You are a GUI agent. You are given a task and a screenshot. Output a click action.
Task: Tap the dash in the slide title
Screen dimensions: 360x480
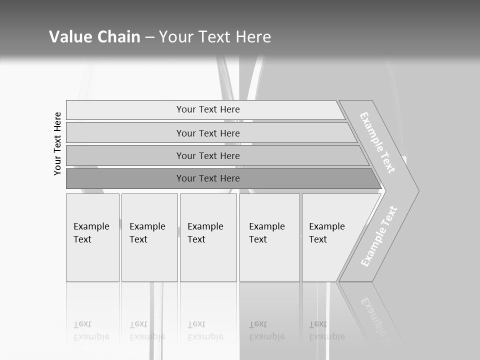149,37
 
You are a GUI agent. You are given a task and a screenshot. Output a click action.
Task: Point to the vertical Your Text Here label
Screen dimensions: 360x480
57,143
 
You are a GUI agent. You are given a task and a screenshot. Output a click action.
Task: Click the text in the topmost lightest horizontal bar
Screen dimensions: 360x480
208,109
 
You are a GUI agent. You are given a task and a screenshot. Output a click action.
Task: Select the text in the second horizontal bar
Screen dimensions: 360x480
208,133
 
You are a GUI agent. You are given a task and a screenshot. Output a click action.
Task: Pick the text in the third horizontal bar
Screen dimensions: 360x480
208,156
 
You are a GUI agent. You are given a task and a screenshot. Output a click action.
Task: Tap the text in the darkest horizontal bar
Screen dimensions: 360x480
208,178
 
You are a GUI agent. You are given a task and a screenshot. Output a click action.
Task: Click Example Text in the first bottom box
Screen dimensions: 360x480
91,233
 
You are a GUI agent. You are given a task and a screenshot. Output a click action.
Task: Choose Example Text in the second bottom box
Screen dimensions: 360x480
147,233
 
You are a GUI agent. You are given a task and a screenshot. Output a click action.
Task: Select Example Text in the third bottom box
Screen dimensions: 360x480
205,233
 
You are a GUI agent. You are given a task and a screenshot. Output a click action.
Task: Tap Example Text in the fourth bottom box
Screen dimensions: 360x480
266,233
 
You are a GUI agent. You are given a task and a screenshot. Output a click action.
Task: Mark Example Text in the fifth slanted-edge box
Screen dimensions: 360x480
326,233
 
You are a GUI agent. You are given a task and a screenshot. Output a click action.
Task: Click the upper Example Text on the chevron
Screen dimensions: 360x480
378,142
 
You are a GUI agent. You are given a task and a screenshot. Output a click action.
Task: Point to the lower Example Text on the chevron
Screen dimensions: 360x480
379,236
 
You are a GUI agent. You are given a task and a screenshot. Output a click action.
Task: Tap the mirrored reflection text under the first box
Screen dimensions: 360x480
91,330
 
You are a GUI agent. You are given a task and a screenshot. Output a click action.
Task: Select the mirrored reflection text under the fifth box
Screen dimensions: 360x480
326,330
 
